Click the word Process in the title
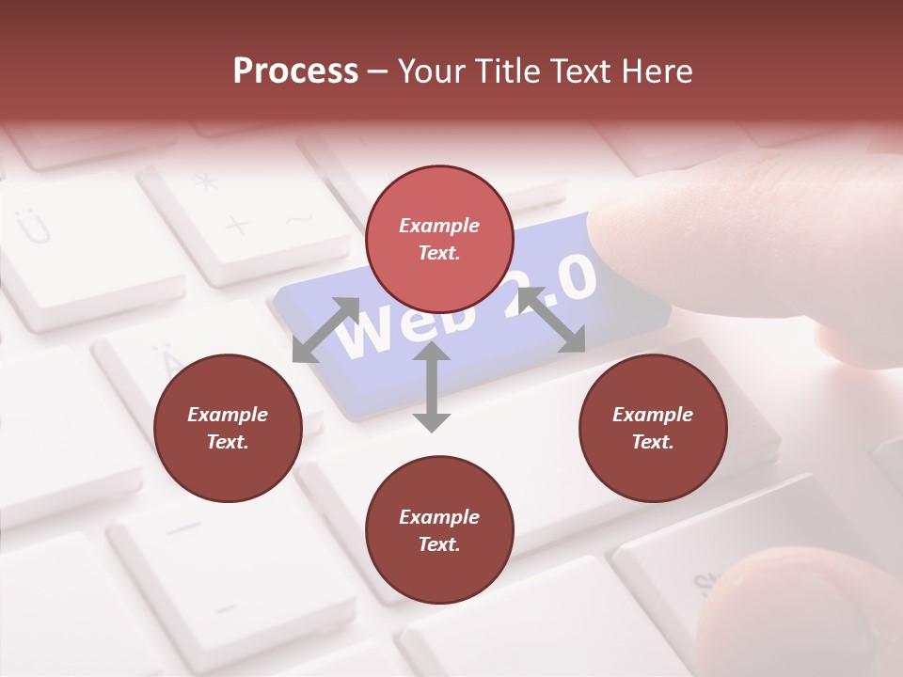[x=295, y=71]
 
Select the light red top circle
[x=439, y=239]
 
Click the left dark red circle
[x=228, y=428]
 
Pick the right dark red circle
[x=653, y=428]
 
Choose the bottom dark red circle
[x=439, y=530]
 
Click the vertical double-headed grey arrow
[x=432, y=386]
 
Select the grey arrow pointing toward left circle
[x=325, y=329]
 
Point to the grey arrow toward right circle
[x=552, y=320]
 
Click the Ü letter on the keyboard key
[x=35, y=227]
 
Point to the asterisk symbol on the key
[x=206, y=181]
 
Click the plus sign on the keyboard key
[x=237, y=226]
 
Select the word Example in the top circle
[x=439, y=226]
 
